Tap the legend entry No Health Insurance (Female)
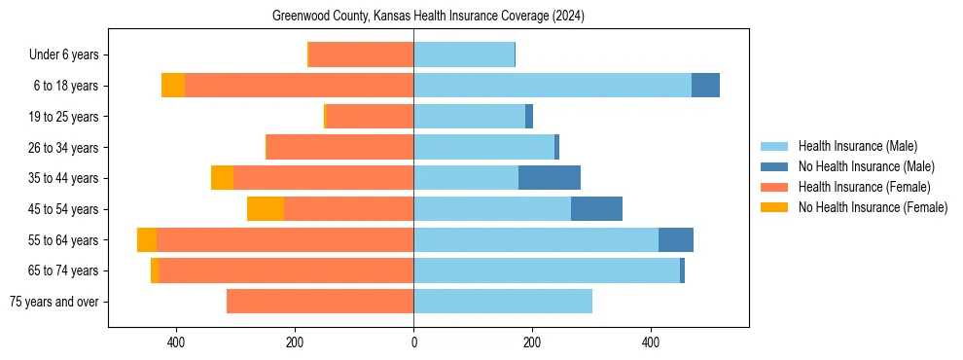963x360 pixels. (873, 207)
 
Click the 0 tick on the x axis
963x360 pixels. (413, 342)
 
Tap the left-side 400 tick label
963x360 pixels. (176, 342)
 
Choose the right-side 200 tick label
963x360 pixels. (532, 342)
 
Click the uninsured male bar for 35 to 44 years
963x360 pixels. (550, 178)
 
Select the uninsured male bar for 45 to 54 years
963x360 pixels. (596, 209)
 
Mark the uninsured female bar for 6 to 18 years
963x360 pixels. (173, 86)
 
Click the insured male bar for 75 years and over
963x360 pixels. (503, 302)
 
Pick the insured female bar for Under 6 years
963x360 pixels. (361, 55)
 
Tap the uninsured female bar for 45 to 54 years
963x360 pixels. (266, 209)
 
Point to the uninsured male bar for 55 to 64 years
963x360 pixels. (676, 239)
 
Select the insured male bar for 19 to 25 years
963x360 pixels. (469, 117)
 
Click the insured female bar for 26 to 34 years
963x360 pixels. (340, 148)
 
